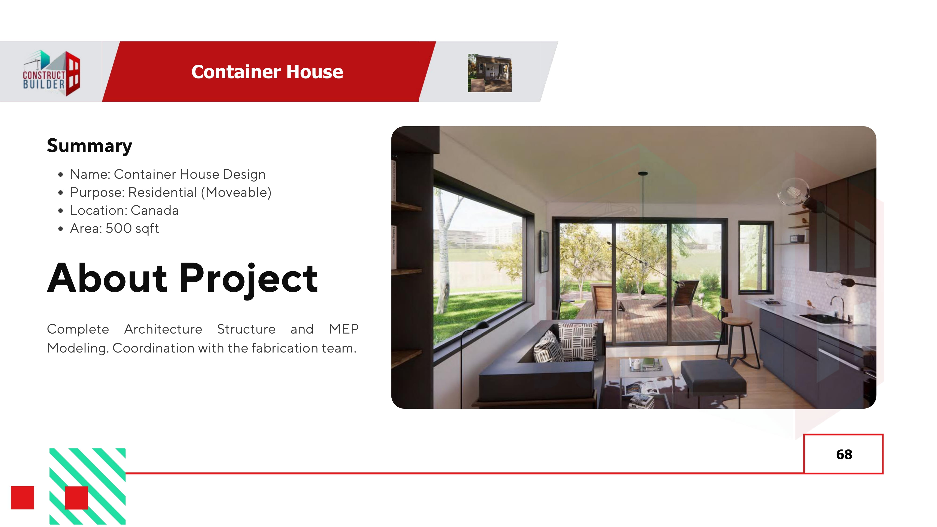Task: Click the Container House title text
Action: pyautogui.click(x=267, y=72)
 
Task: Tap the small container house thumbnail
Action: pyautogui.click(x=489, y=73)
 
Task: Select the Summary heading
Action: pyautogui.click(x=89, y=146)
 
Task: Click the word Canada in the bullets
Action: pyautogui.click(x=155, y=211)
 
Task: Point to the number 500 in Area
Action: pyautogui.click(x=119, y=228)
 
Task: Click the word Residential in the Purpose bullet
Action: pyautogui.click(x=162, y=192)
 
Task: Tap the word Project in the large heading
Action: pyautogui.click(x=249, y=278)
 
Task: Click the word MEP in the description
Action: pyautogui.click(x=343, y=329)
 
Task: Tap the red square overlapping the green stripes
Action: pyautogui.click(x=76, y=497)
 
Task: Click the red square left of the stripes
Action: pyautogui.click(x=22, y=497)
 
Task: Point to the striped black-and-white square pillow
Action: pyautogui.click(x=578, y=342)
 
